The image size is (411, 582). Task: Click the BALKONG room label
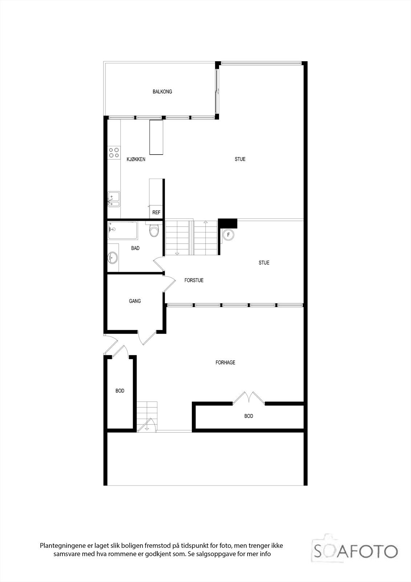tap(162, 92)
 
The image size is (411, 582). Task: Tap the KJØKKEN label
tap(136, 159)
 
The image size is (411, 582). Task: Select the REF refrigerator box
tap(156, 212)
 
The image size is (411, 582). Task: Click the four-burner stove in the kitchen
tap(114, 152)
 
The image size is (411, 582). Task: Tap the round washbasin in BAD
tap(113, 258)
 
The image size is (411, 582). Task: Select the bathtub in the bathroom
tap(123, 230)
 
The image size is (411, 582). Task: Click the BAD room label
tap(135, 248)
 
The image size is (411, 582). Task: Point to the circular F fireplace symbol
tap(229, 235)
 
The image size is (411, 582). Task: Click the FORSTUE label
tap(194, 280)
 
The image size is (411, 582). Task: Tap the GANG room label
tap(135, 301)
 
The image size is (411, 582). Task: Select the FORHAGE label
tap(225, 363)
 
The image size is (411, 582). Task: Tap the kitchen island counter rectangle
tap(156, 137)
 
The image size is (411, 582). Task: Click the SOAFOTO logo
tap(355, 551)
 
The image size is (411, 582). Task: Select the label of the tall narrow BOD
tap(120, 391)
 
